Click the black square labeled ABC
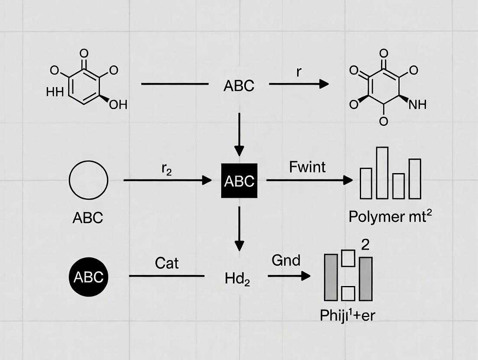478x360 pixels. [x=239, y=180]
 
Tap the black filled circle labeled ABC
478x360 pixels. [x=88, y=276]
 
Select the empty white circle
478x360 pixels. [x=88, y=180]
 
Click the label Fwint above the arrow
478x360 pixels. [x=307, y=167]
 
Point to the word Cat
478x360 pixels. [x=166, y=263]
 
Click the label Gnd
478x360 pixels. [x=286, y=260]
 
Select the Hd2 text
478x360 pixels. [x=237, y=279]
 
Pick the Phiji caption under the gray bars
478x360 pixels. [x=347, y=315]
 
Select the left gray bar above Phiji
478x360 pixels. [x=331, y=277]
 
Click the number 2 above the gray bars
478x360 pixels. [x=365, y=245]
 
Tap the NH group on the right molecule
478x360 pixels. [x=417, y=104]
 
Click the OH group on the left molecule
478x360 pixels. [x=118, y=105]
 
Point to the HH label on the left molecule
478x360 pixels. [x=55, y=92]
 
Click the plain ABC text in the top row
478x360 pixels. [x=239, y=86]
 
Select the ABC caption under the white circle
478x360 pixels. [x=88, y=217]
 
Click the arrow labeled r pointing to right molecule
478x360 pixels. [x=299, y=84]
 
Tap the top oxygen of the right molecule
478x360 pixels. [x=384, y=54]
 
